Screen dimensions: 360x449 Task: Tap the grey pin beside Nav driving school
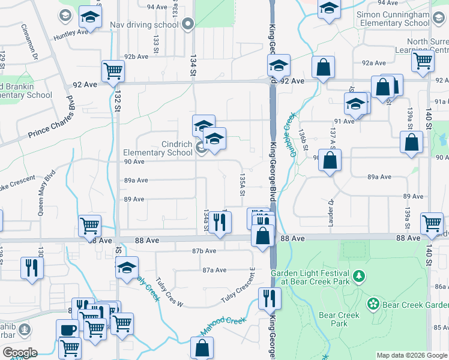coord(188,25)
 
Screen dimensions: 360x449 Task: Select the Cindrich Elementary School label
coord(158,148)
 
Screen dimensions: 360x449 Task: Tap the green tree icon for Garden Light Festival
coord(359,275)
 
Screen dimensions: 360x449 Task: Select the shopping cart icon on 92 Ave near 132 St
coord(113,71)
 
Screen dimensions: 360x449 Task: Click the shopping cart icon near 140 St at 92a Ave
coord(423,60)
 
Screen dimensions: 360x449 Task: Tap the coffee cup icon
coord(67,329)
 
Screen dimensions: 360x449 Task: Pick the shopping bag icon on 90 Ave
coord(330,160)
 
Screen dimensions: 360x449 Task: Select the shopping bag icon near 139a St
coord(412,143)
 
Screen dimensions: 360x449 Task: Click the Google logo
coord(20,353)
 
